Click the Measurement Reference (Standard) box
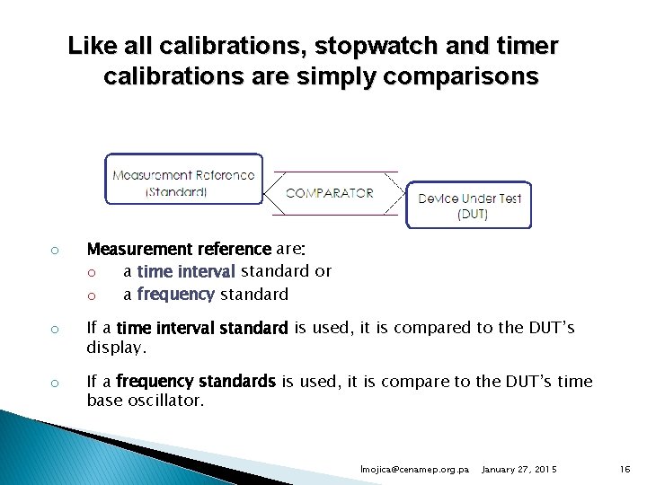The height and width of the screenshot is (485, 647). coord(183,182)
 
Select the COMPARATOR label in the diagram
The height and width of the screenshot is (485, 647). coord(330,193)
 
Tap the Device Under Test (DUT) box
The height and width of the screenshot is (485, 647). coord(469,206)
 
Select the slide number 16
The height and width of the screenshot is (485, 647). coord(625,470)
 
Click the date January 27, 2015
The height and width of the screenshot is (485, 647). coord(519,470)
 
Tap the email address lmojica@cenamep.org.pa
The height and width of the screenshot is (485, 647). coord(415,470)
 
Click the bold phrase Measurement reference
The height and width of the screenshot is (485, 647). coord(178,249)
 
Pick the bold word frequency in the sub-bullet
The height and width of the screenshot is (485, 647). coord(175,295)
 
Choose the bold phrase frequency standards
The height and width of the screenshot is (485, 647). coord(196,382)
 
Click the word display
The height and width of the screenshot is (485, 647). coord(114,346)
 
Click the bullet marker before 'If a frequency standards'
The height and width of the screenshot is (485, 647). coord(54,383)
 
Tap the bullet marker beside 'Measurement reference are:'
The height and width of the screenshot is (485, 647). coord(54,250)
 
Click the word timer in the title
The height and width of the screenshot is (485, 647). coord(527,45)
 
